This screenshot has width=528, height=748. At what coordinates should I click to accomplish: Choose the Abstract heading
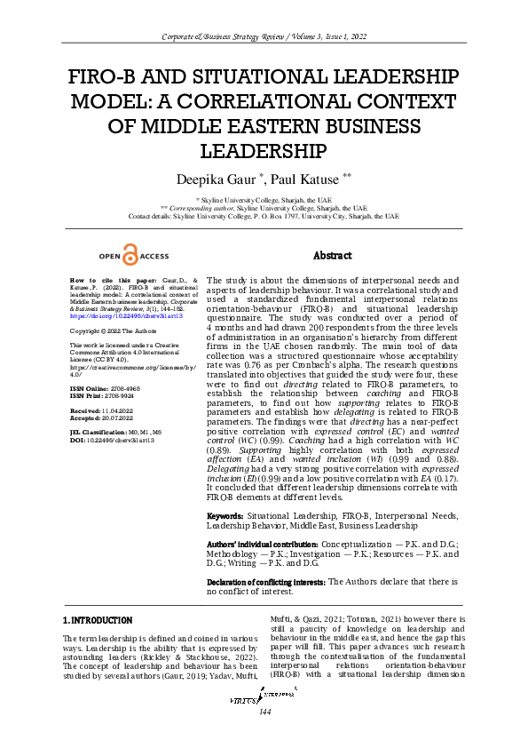[333, 255]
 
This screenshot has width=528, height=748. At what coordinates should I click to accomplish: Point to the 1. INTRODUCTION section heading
[98, 619]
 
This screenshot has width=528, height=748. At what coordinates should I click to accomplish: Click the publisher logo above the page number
[264, 725]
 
